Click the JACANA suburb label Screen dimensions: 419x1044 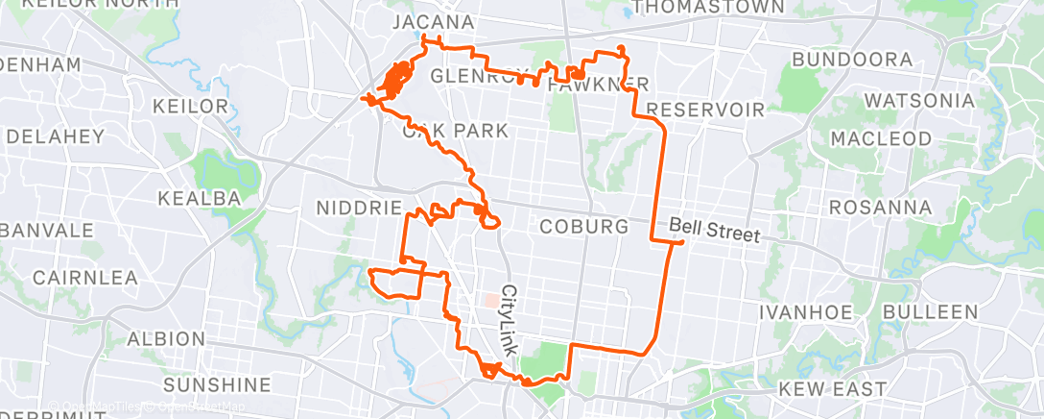pyautogui.click(x=433, y=22)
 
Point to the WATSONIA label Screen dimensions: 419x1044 pyautogui.click(x=919, y=101)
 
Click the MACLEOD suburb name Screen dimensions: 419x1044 pyautogui.click(x=881, y=138)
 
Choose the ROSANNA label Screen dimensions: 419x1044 pyautogui.click(x=880, y=208)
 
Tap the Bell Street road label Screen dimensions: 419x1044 pyautogui.click(x=714, y=231)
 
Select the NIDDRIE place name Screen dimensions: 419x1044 pyautogui.click(x=356, y=208)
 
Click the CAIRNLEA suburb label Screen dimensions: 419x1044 pyautogui.click(x=84, y=278)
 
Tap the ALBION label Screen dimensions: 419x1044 pyautogui.click(x=166, y=339)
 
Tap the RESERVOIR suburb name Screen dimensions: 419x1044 pyautogui.click(x=705, y=109)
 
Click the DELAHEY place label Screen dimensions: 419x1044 pyautogui.click(x=55, y=136)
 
